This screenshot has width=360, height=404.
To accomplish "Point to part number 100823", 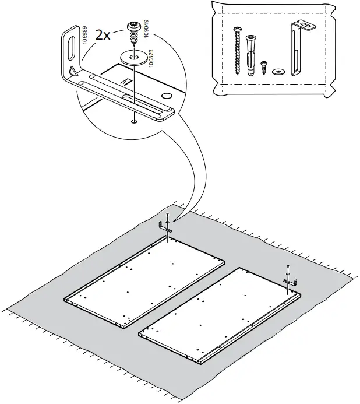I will [x=151, y=59].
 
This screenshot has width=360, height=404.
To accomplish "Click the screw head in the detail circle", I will [x=133, y=27].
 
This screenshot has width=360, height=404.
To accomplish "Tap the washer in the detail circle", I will [x=134, y=57].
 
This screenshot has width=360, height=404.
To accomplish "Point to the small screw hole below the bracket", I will [x=135, y=122].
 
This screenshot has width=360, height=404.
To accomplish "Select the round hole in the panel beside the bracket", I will [x=167, y=94].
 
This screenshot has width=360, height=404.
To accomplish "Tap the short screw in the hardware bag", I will [x=264, y=67].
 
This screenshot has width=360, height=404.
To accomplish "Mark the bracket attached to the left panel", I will [x=165, y=229].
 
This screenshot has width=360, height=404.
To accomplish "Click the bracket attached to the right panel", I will [x=290, y=282].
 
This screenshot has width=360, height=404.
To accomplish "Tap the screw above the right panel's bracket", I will [x=288, y=269].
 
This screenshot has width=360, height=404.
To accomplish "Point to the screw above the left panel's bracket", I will [x=168, y=217].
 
